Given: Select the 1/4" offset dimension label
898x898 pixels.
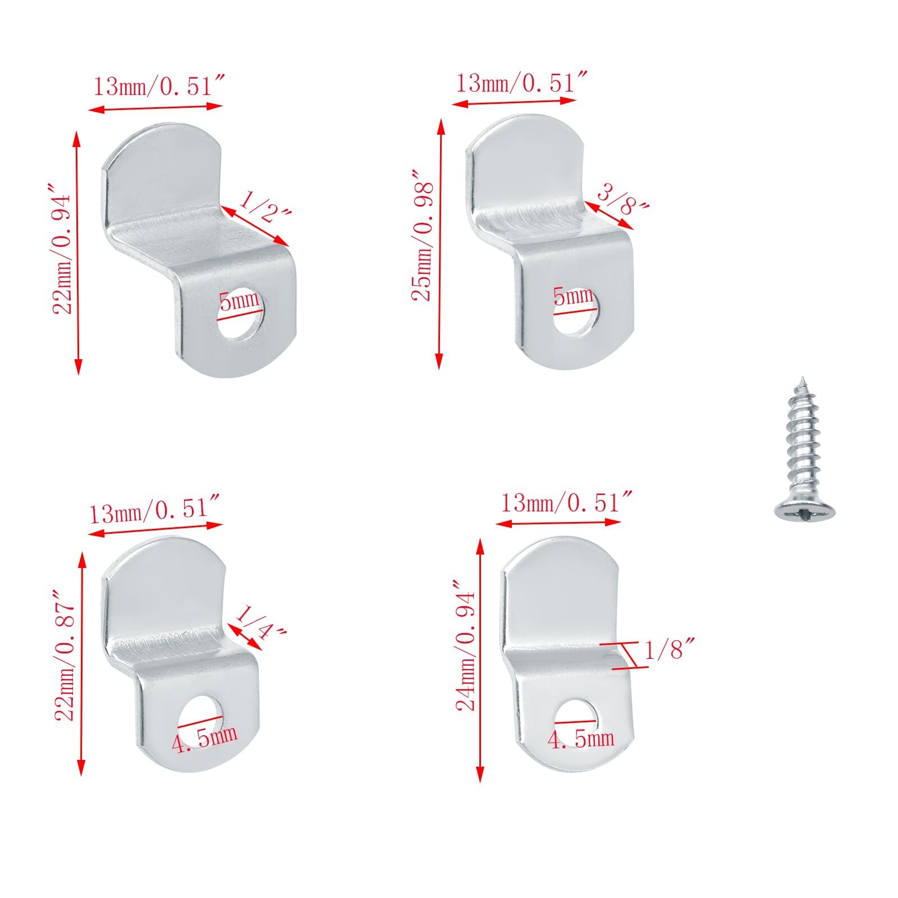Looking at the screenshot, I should [262, 623].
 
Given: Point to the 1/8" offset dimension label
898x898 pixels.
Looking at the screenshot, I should [670, 650].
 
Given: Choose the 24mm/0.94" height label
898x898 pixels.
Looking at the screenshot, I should [466, 645].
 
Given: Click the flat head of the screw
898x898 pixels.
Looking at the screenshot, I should [805, 510].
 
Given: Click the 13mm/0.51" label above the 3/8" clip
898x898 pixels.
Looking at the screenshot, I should [521, 84].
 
